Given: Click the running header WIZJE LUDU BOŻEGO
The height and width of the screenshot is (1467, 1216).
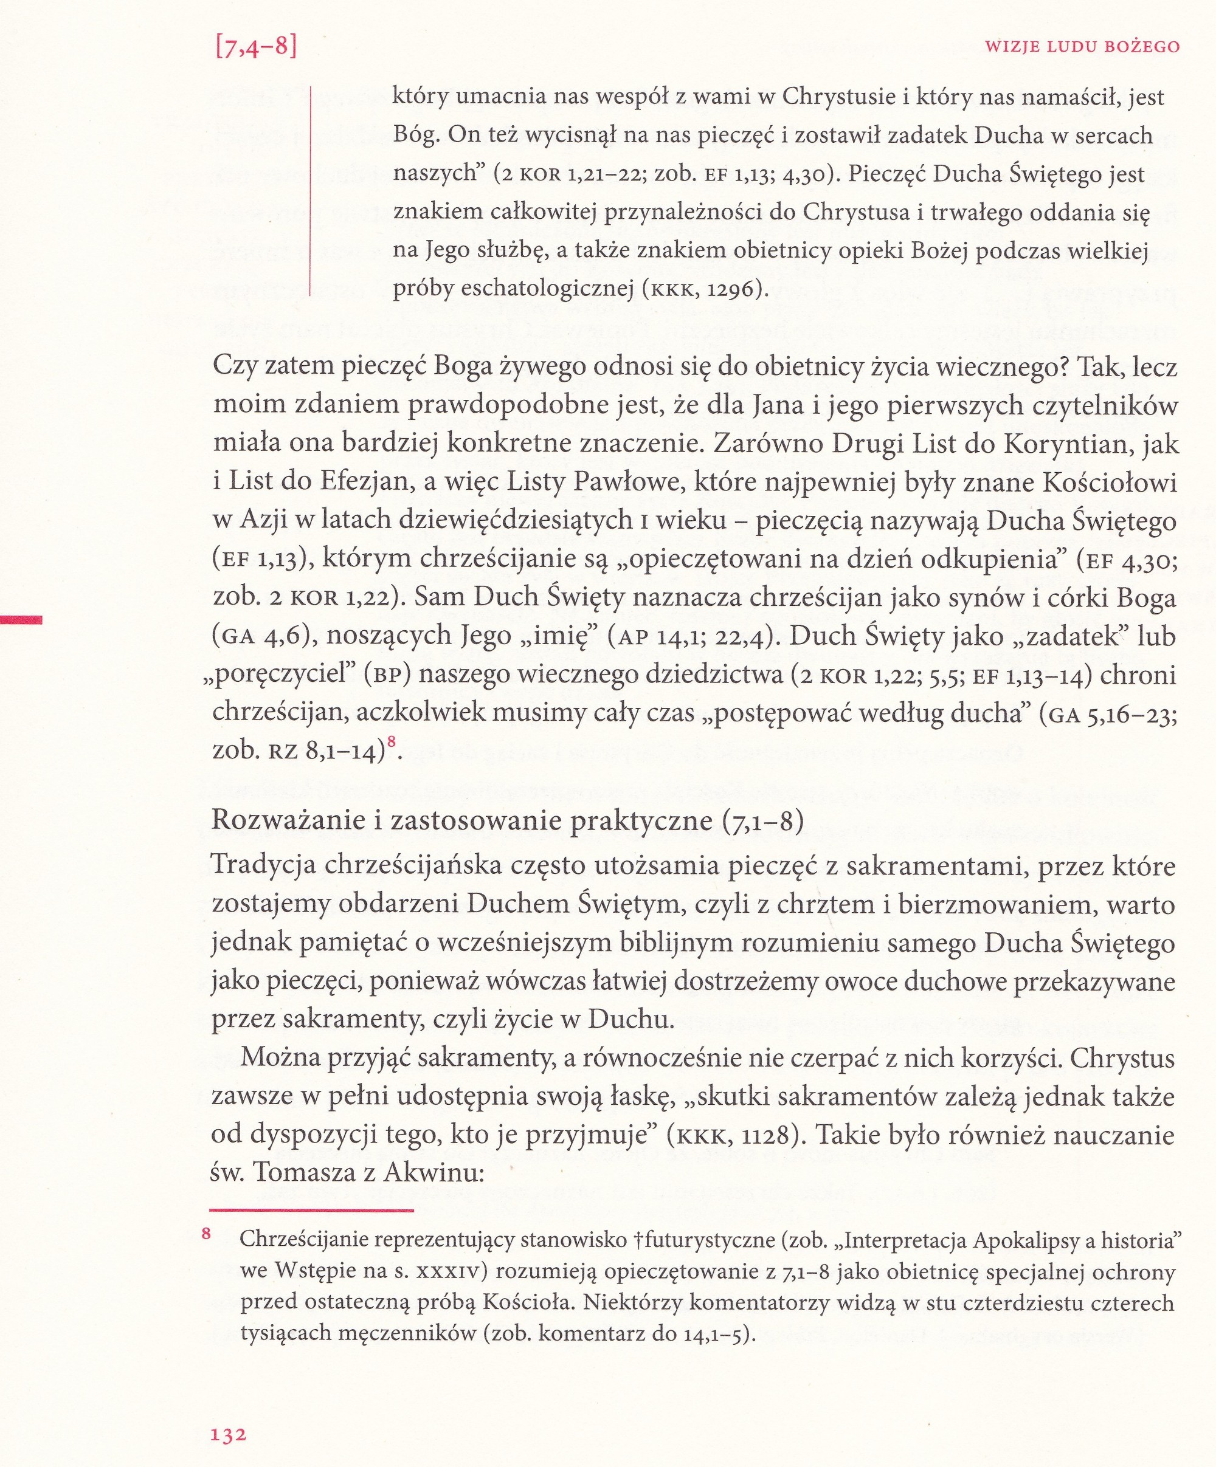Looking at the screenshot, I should click(x=1082, y=47).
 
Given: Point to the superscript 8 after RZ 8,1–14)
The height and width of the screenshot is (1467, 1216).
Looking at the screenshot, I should click(x=392, y=743).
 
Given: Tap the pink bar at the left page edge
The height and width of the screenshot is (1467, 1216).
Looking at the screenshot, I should click(x=21, y=619).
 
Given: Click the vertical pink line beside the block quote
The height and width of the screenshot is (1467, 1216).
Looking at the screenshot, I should click(x=309, y=190).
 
